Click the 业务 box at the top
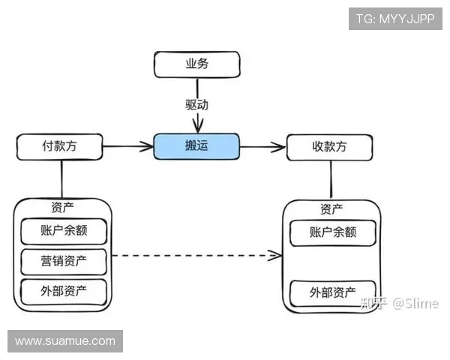196,64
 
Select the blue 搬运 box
196,146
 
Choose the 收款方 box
328,147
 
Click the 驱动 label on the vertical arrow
196,104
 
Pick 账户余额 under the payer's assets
64,231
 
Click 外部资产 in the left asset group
64,291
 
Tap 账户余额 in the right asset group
332,232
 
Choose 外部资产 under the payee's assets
332,292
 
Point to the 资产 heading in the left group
63,207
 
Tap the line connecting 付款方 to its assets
61,178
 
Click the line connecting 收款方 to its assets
330,180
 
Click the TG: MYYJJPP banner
395,18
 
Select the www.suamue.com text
65,341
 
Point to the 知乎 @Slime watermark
398,303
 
